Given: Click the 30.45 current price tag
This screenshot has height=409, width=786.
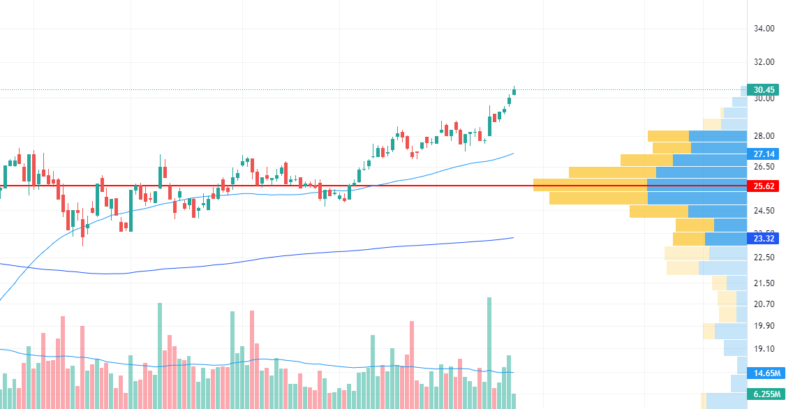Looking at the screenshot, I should (x=764, y=89).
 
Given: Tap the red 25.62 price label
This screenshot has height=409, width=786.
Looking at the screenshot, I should (x=764, y=186).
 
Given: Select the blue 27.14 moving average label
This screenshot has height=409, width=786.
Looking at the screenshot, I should (x=764, y=154).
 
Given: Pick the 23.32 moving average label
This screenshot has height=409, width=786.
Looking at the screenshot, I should (x=764, y=239).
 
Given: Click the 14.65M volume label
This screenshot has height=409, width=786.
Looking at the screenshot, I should (x=764, y=373).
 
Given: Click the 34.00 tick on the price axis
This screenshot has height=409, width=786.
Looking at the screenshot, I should (x=764, y=29).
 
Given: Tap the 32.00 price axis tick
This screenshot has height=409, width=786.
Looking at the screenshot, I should (x=764, y=61).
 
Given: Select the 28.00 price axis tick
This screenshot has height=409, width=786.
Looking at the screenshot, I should (x=764, y=135).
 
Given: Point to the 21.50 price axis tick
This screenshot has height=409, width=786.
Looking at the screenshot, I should (x=764, y=283).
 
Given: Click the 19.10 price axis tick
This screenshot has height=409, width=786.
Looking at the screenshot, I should (x=764, y=348).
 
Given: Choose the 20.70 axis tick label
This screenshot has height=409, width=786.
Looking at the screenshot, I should (x=764, y=304).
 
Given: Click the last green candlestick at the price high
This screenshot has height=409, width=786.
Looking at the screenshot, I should (x=514, y=91).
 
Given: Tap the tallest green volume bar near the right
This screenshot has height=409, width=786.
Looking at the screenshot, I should (x=489, y=349).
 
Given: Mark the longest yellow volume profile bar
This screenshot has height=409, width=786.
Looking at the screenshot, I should (x=590, y=185).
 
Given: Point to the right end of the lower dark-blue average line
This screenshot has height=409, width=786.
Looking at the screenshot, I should (x=513, y=238).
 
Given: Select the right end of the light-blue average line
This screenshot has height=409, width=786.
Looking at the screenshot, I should (x=513, y=154).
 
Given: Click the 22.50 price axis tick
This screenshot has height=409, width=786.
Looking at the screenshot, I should (x=764, y=257).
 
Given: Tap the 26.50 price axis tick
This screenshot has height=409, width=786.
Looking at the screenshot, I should (x=764, y=167).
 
